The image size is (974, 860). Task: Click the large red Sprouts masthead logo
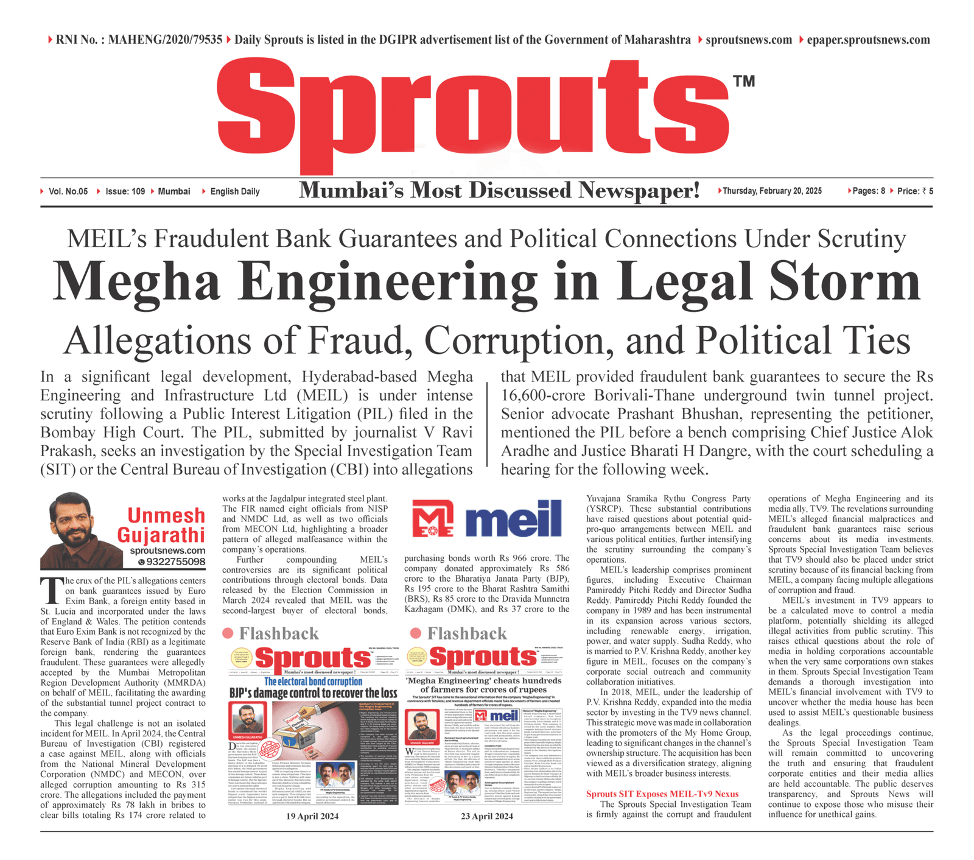474,113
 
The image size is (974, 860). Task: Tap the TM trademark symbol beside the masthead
744,82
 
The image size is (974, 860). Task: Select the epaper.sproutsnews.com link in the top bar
868,40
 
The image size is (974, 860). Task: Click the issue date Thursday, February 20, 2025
772,191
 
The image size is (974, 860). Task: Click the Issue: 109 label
125,191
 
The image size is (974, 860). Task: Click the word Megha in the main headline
136,282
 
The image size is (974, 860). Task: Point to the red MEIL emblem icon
432,520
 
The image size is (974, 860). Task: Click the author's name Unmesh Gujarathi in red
162,525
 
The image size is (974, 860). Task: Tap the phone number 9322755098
175,562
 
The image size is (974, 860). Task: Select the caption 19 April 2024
312,816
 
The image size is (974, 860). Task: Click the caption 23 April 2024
486,816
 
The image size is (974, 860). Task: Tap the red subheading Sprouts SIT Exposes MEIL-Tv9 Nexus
662,794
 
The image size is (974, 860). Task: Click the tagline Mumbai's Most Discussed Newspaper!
499,191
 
